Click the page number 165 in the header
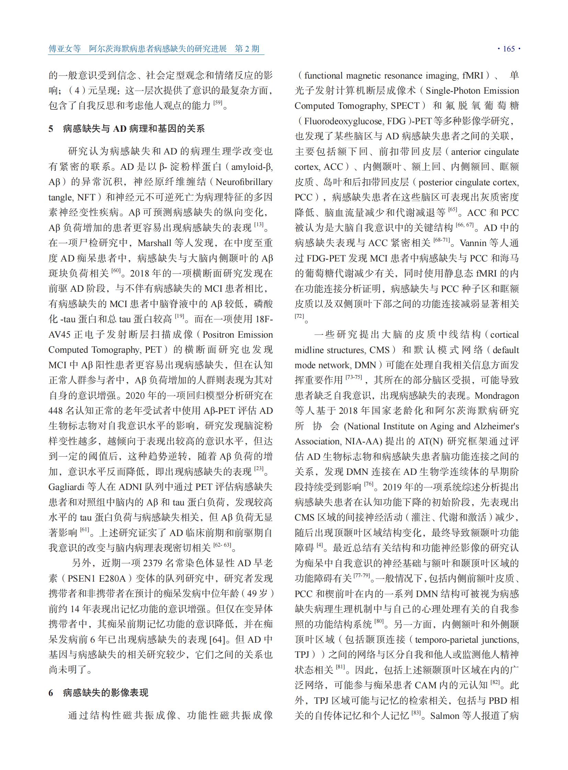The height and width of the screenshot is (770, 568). click(509, 49)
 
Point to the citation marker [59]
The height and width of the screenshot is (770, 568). click(218, 103)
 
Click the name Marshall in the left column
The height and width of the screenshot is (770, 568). click(155, 243)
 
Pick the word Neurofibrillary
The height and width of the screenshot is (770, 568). click(244, 182)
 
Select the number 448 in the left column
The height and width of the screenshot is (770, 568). click(56, 411)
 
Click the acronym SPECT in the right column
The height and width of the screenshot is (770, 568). click(405, 106)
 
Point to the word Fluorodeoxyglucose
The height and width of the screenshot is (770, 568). click(344, 121)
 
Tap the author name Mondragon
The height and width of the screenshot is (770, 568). click(497, 396)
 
